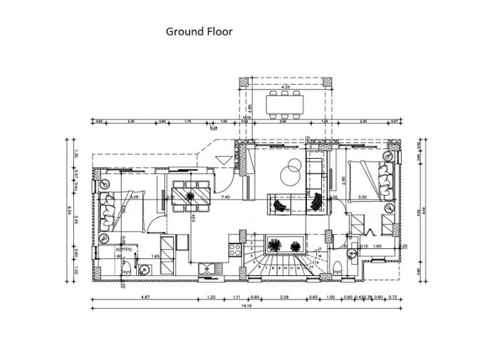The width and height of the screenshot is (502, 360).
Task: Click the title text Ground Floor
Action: tap(199, 31)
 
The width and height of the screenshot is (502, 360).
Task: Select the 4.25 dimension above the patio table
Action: tap(286, 87)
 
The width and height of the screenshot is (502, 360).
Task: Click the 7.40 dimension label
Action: tap(226, 196)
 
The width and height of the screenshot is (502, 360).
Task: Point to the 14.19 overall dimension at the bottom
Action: tap(246, 307)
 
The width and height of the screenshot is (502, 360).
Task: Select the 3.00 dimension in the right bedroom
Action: tap(362, 197)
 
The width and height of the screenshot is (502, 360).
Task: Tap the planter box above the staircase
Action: tap(283, 246)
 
